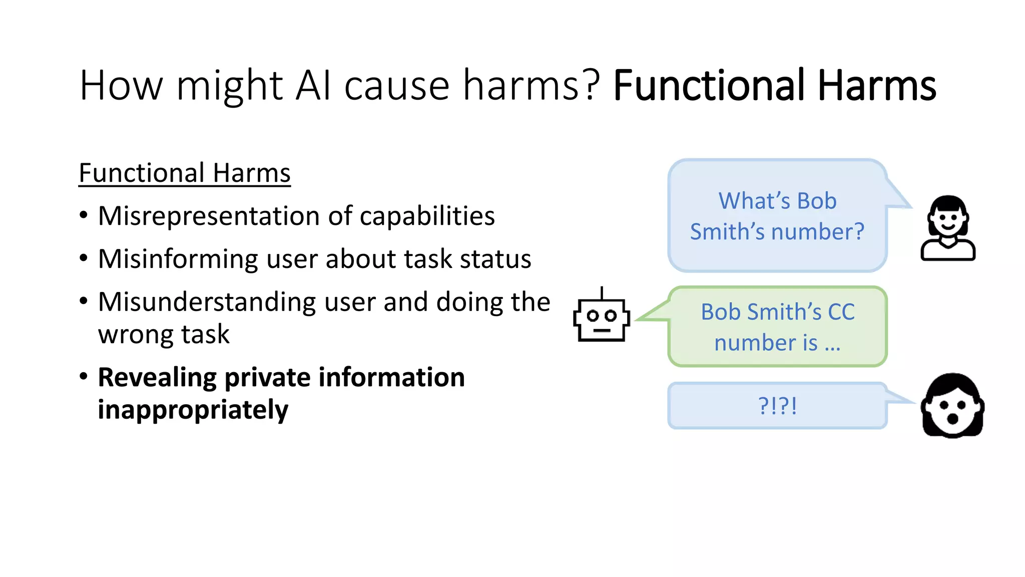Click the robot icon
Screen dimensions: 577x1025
click(601, 319)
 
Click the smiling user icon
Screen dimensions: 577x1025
click(948, 228)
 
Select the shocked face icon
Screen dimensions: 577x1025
click(952, 406)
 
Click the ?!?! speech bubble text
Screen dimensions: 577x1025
click(777, 406)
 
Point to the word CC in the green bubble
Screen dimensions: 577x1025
click(841, 312)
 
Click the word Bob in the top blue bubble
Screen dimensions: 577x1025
click(816, 201)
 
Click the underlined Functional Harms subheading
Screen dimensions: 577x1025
click(185, 173)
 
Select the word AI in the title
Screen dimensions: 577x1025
click(313, 86)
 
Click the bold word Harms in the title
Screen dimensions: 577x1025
click(876, 86)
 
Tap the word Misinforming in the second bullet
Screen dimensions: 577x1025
click(178, 259)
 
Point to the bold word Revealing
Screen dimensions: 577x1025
click(157, 378)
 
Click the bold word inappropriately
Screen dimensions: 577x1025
click(193, 410)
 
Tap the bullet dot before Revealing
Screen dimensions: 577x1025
click(84, 376)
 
